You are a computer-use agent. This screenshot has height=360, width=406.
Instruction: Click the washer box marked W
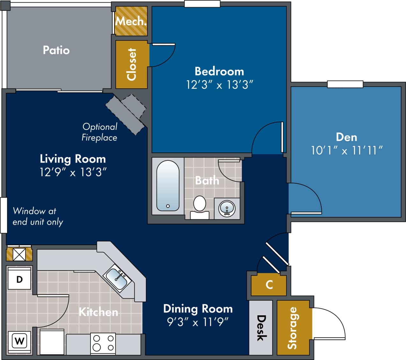[19, 341]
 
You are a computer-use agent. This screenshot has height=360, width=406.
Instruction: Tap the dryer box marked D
[19, 280]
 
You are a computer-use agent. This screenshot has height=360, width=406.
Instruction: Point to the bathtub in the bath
[168, 186]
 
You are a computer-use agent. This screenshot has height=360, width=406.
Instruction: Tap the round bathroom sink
[227, 209]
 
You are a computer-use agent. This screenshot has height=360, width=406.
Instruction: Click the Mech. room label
[131, 21]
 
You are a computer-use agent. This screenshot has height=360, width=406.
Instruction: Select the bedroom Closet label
[132, 64]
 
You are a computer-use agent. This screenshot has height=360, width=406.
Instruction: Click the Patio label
[56, 50]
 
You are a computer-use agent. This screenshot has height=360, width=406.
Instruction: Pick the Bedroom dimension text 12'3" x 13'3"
[219, 85]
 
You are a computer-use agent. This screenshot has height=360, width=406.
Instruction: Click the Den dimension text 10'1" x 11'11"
[346, 150]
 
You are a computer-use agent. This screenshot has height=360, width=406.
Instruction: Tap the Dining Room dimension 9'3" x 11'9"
[198, 322]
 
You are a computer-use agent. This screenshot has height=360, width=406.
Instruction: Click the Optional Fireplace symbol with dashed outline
[126, 113]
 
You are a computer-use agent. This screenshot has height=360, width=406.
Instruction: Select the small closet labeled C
[269, 284]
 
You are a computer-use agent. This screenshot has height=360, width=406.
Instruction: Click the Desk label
[261, 328]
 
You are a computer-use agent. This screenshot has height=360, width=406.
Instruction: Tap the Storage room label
[292, 328]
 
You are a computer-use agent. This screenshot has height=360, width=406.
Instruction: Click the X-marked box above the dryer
[19, 254]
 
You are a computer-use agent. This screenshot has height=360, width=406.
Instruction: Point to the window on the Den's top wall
[345, 84]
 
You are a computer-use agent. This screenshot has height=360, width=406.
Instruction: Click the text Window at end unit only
[38, 217]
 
